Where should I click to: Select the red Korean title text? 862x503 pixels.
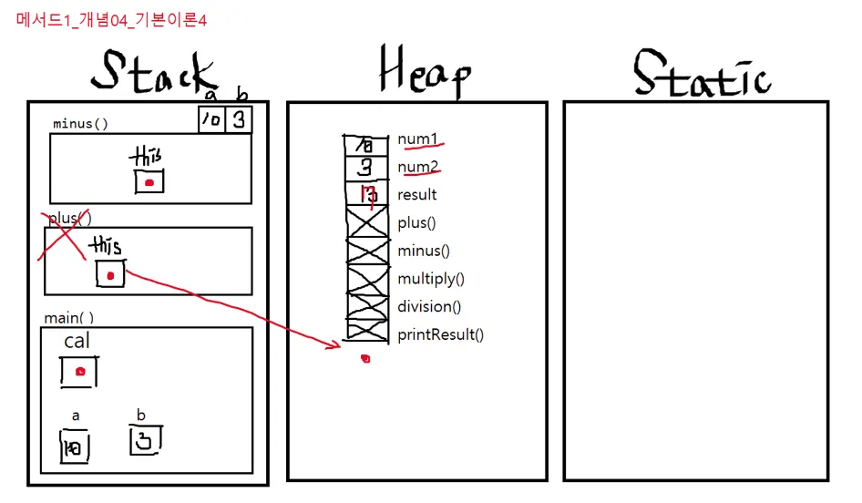111,20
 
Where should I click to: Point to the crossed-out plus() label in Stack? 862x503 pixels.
69,218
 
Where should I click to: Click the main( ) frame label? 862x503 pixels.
68,318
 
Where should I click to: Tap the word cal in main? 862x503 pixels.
77,341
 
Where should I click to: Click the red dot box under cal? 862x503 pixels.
79,372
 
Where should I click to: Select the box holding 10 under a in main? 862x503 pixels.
72,447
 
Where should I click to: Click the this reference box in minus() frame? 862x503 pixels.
149,181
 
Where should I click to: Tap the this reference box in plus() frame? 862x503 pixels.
110,274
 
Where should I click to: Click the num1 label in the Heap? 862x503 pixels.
417,139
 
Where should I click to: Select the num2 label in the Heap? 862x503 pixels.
417,167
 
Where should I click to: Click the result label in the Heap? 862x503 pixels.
417,194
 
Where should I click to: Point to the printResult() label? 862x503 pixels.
440,334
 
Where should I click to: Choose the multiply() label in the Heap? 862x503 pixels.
431,279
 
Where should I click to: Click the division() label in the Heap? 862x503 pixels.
429,307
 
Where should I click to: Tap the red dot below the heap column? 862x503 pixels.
365,359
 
